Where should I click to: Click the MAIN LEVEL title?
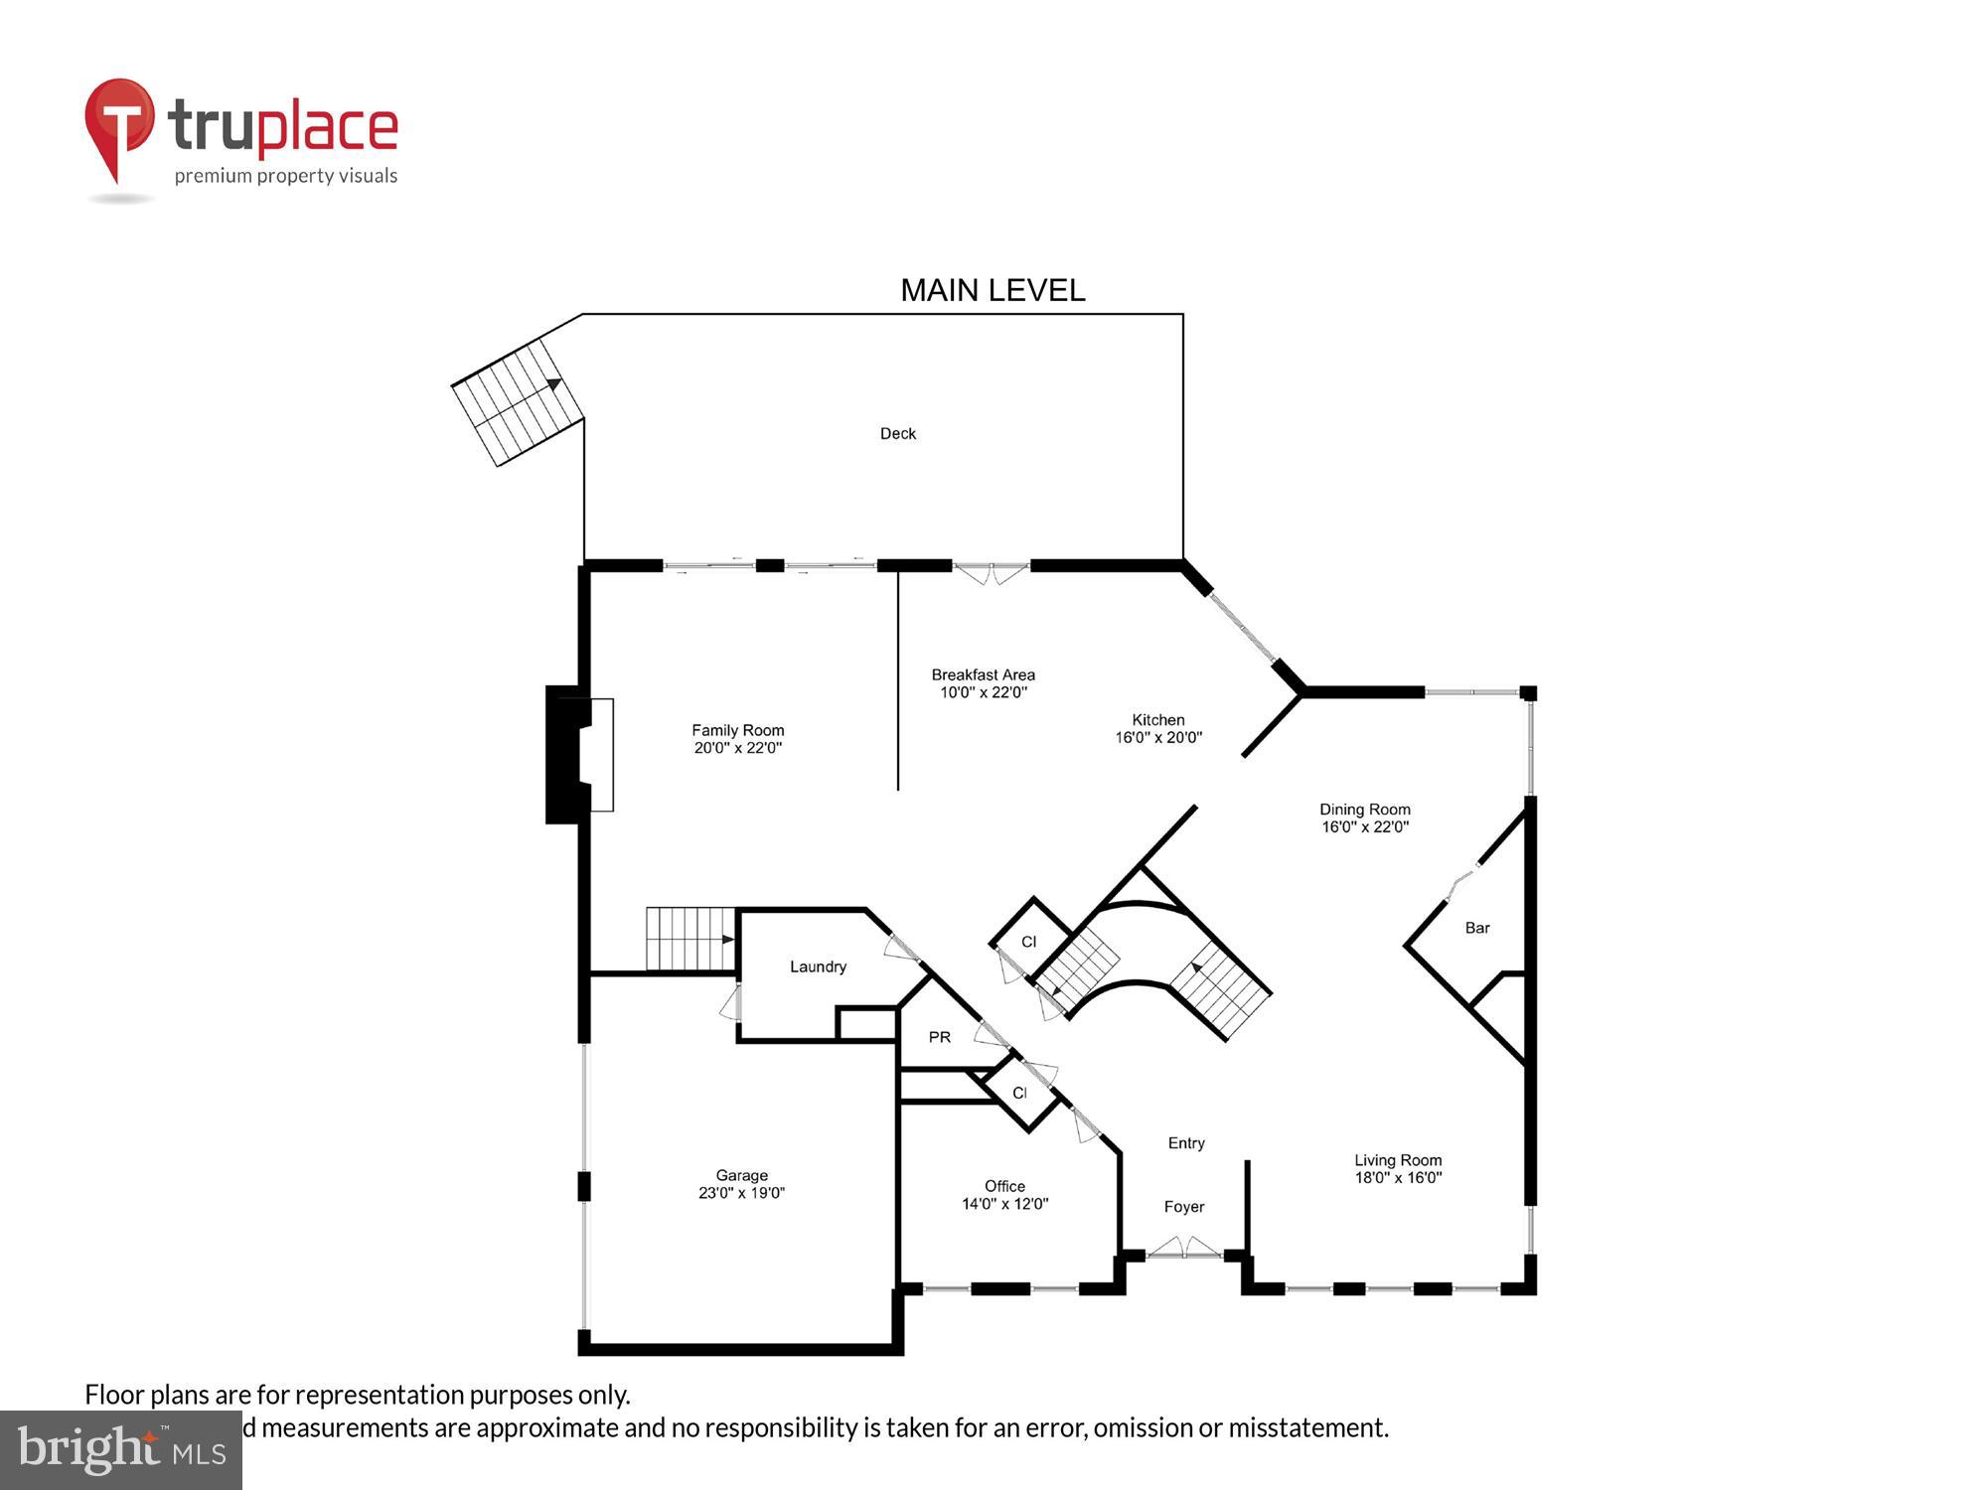pos(992,290)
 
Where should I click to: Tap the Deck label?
pos(897,433)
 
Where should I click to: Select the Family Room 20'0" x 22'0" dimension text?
pos(737,748)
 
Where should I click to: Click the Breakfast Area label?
pos(983,674)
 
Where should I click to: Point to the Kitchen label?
pos(1157,719)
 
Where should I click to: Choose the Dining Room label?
pos(1364,809)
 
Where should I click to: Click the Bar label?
pos(1476,928)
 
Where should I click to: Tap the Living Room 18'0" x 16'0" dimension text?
pos(1398,1178)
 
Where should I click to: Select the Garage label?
pos(741,1175)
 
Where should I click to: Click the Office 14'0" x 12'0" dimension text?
pos(1004,1204)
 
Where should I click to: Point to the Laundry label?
pos(818,967)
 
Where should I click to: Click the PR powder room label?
pos(939,1037)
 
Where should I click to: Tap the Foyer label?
pos(1183,1207)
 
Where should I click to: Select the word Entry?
pos(1185,1143)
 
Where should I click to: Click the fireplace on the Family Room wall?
pos(579,755)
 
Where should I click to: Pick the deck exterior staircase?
pos(518,401)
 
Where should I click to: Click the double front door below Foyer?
pos(1184,1249)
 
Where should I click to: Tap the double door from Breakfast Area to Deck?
pos(991,573)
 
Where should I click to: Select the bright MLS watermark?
pos(121,1450)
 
